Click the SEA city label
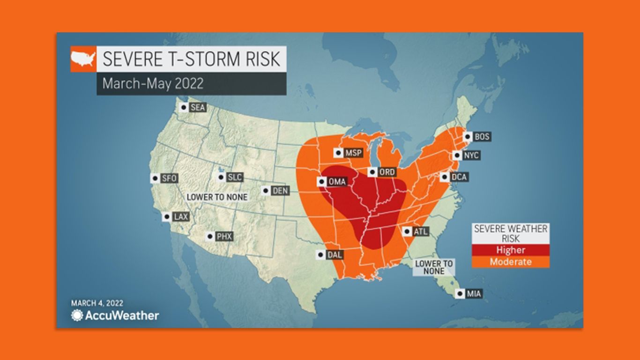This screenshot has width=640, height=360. (x=198, y=108)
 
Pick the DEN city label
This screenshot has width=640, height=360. (x=280, y=191)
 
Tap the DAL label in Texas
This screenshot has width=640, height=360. (x=335, y=255)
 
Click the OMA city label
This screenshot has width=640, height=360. (x=337, y=181)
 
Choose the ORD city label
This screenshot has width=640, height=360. (x=387, y=172)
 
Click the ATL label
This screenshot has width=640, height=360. (x=419, y=231)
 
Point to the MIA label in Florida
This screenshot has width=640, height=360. (x=474, y=294)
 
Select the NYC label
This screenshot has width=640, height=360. (x=471, y=155)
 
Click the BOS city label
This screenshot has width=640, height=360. (x=482, y=136)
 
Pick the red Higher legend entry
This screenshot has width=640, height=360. (x=510, y=250)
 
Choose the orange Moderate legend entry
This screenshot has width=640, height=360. (x=510, y=262)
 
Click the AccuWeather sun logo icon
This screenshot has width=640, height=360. (x=77, y=315)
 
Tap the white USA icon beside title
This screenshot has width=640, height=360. (x=83, y=59)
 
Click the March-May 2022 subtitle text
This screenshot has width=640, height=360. (x=153, y=83)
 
